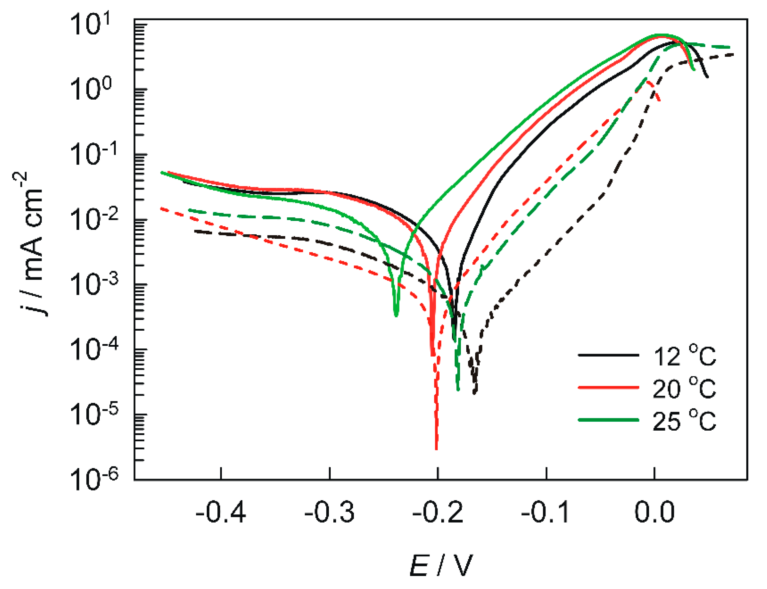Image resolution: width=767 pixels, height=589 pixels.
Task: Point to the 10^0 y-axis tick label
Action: click(x=90, y=88)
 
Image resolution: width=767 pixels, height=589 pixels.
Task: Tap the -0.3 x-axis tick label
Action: click(x=329, y=512)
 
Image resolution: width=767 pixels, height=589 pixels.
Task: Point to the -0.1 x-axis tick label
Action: click(x=545, y=512)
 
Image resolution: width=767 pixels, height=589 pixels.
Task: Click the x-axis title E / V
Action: click(x=441, y=565)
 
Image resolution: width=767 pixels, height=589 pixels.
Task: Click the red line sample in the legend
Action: click(x=608, y=387)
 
